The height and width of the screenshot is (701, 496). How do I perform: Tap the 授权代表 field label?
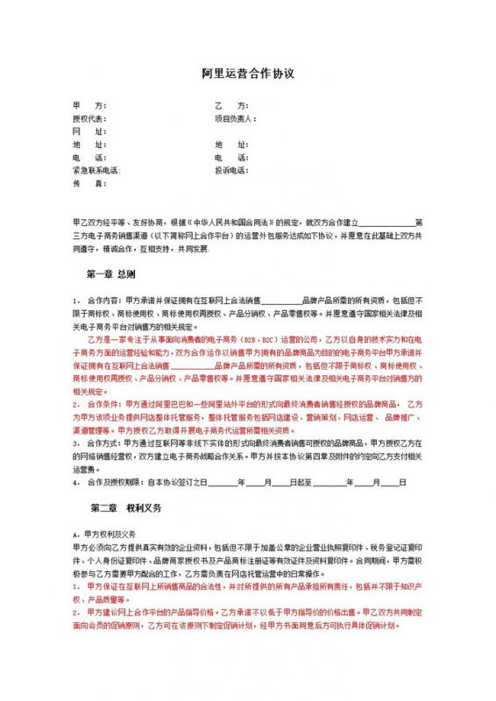(x=89, y=117)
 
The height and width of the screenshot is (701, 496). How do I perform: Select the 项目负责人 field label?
(x=234, y=117)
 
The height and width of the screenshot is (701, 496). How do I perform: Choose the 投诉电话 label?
(x=231, y=171)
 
